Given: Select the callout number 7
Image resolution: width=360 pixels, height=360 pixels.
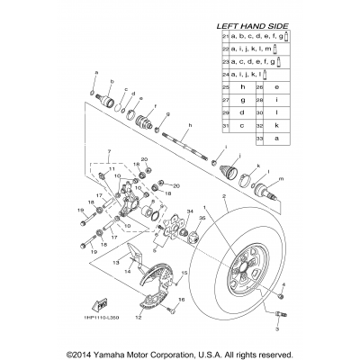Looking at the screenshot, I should point(107,152).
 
